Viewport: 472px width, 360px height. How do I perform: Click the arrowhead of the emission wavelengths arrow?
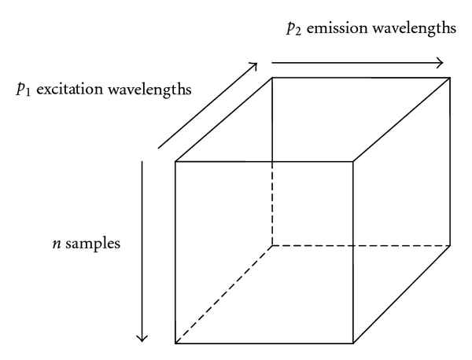coord(439,62)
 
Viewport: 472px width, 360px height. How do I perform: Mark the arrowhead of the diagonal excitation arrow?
coord(253,65)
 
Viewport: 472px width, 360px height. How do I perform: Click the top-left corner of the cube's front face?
coord(175,162)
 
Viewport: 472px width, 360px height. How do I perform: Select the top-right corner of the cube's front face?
coord(352,162)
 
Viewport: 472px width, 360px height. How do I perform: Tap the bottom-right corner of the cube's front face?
coord(352,343)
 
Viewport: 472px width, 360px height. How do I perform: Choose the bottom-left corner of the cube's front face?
coord(175,343)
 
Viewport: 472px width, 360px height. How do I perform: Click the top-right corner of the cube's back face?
coord(451,77)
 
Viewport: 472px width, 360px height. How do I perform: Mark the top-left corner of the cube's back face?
coord(272,77)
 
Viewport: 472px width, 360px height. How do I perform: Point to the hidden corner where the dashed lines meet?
coord(272,245)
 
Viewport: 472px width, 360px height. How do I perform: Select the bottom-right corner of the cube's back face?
coord(451,245)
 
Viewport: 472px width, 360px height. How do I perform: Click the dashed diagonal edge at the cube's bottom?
coord(223,294)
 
